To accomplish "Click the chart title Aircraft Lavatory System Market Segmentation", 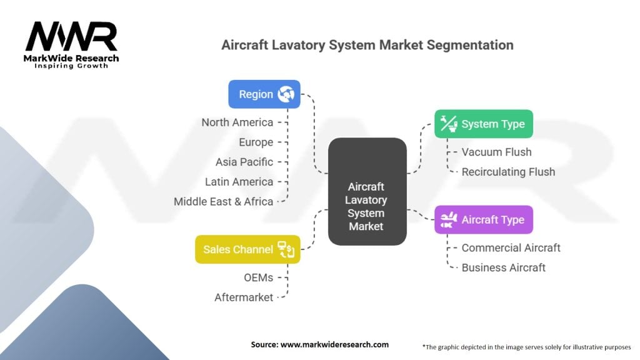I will coord(367,46).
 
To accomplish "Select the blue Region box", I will coord(264,94).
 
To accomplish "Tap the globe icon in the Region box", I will coord(286,94).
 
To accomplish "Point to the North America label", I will coord(237,122).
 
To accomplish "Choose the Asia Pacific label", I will coord(244,162).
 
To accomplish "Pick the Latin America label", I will coord(239,182).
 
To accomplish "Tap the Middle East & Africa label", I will coord(223,201).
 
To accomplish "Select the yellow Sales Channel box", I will coord(247,249).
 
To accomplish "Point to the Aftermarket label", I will coord(244,297).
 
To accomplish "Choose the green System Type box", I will coord(484,124).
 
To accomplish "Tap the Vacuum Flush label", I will coord(496,152).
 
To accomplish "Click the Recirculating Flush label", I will coord(508,172).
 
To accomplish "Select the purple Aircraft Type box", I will coord(484,220).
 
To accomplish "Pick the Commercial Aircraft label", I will coord(511,247).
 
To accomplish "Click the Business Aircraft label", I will coord(503,267).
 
